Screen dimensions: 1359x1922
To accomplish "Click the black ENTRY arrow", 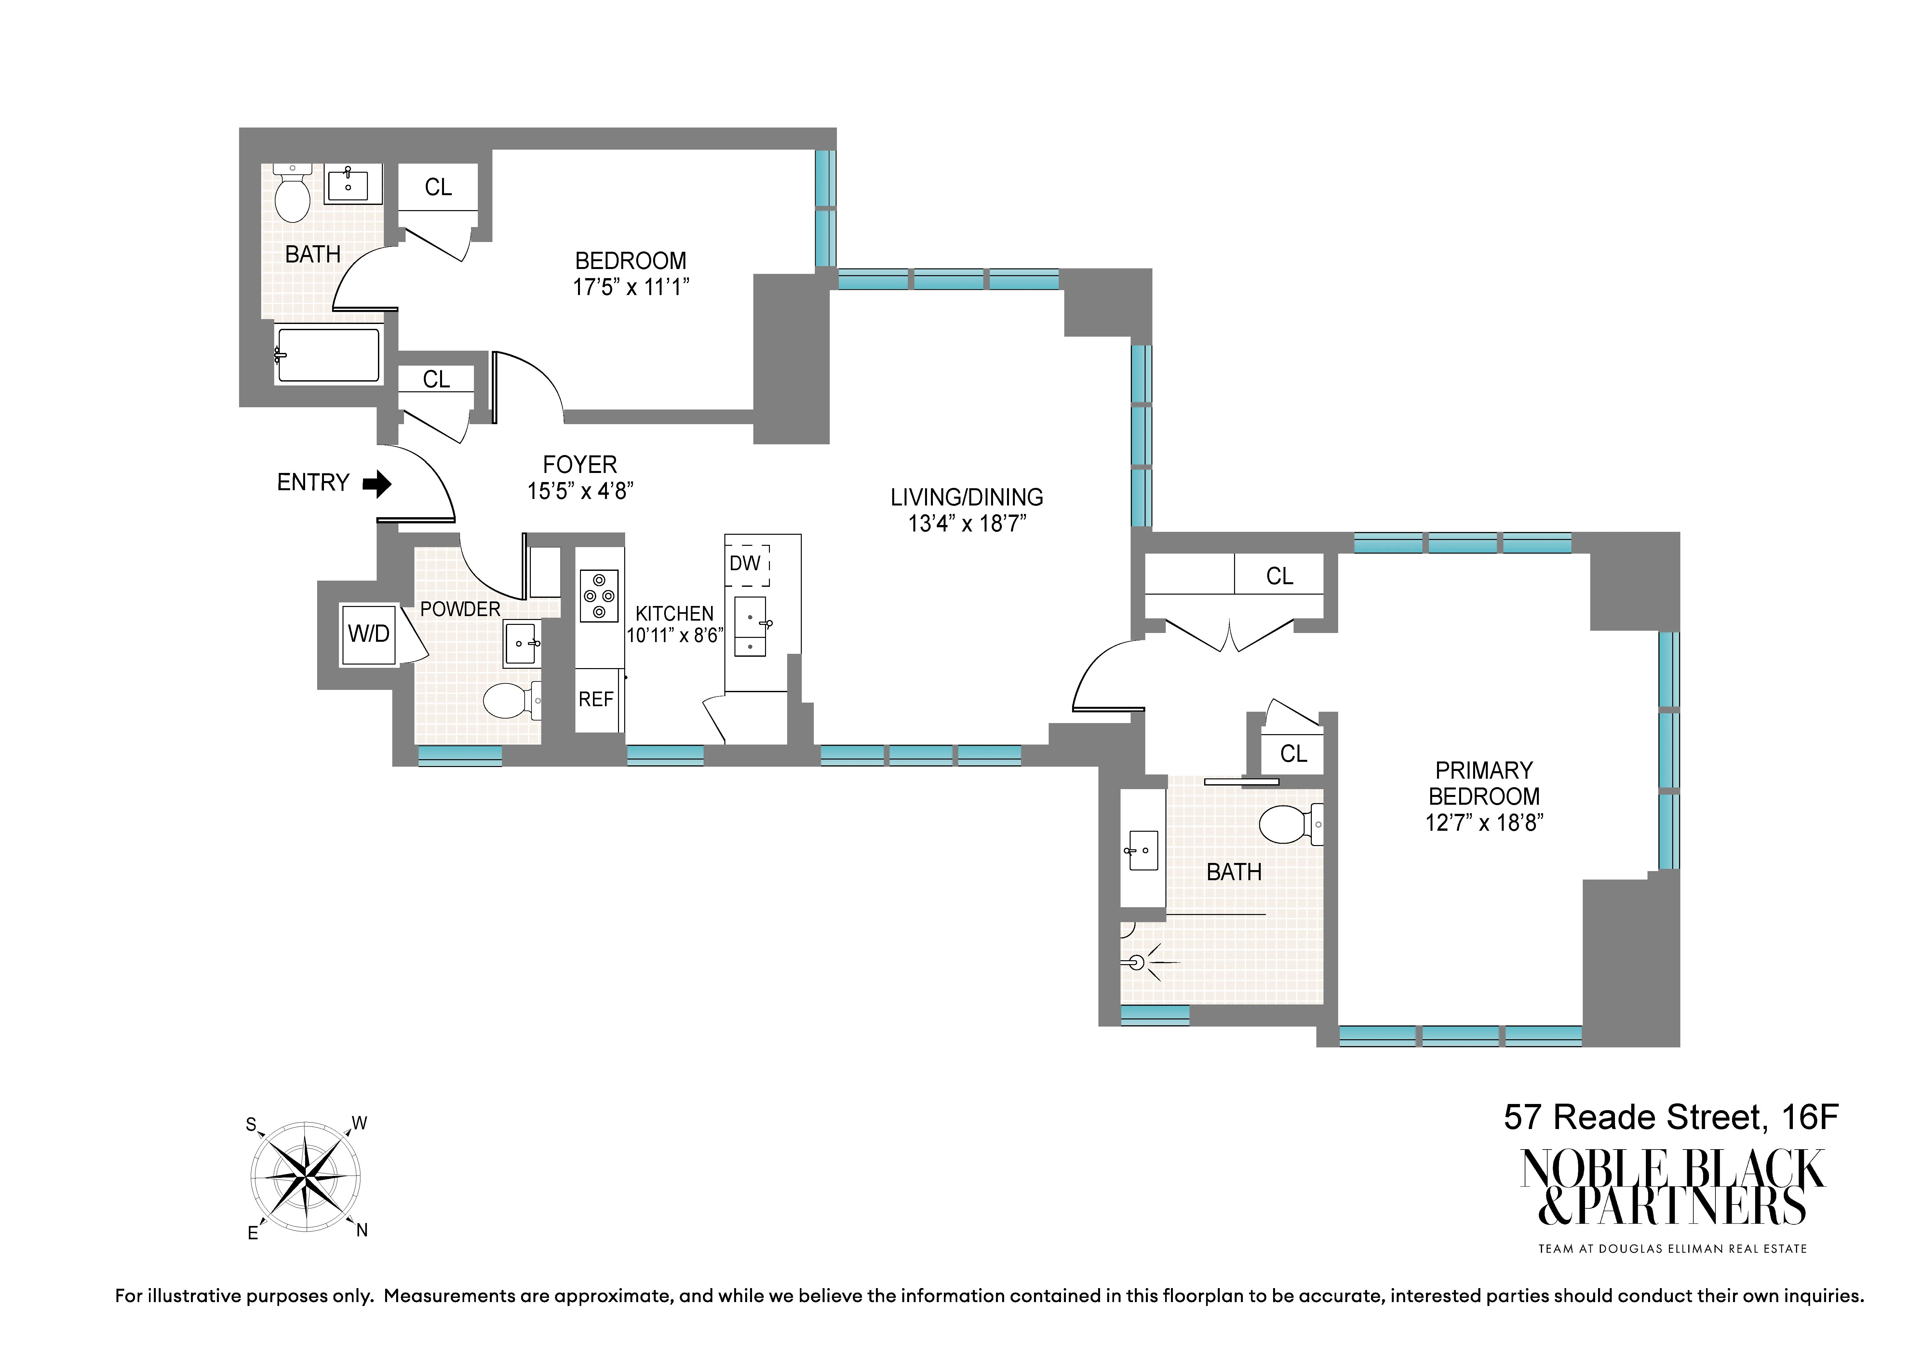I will pos(378,483).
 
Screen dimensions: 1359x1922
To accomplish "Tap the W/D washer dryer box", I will pos(368,634).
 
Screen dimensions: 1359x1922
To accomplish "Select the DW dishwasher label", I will pos(745,563).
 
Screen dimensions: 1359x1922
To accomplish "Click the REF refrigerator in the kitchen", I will pos(596,699).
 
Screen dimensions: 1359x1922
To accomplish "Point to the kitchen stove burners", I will pos(598,595).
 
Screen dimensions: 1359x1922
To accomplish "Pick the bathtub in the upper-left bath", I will pos(328,355).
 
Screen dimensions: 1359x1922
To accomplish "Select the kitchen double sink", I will pos(750,626).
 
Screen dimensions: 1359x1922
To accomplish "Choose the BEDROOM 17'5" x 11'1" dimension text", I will pos(630,287).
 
